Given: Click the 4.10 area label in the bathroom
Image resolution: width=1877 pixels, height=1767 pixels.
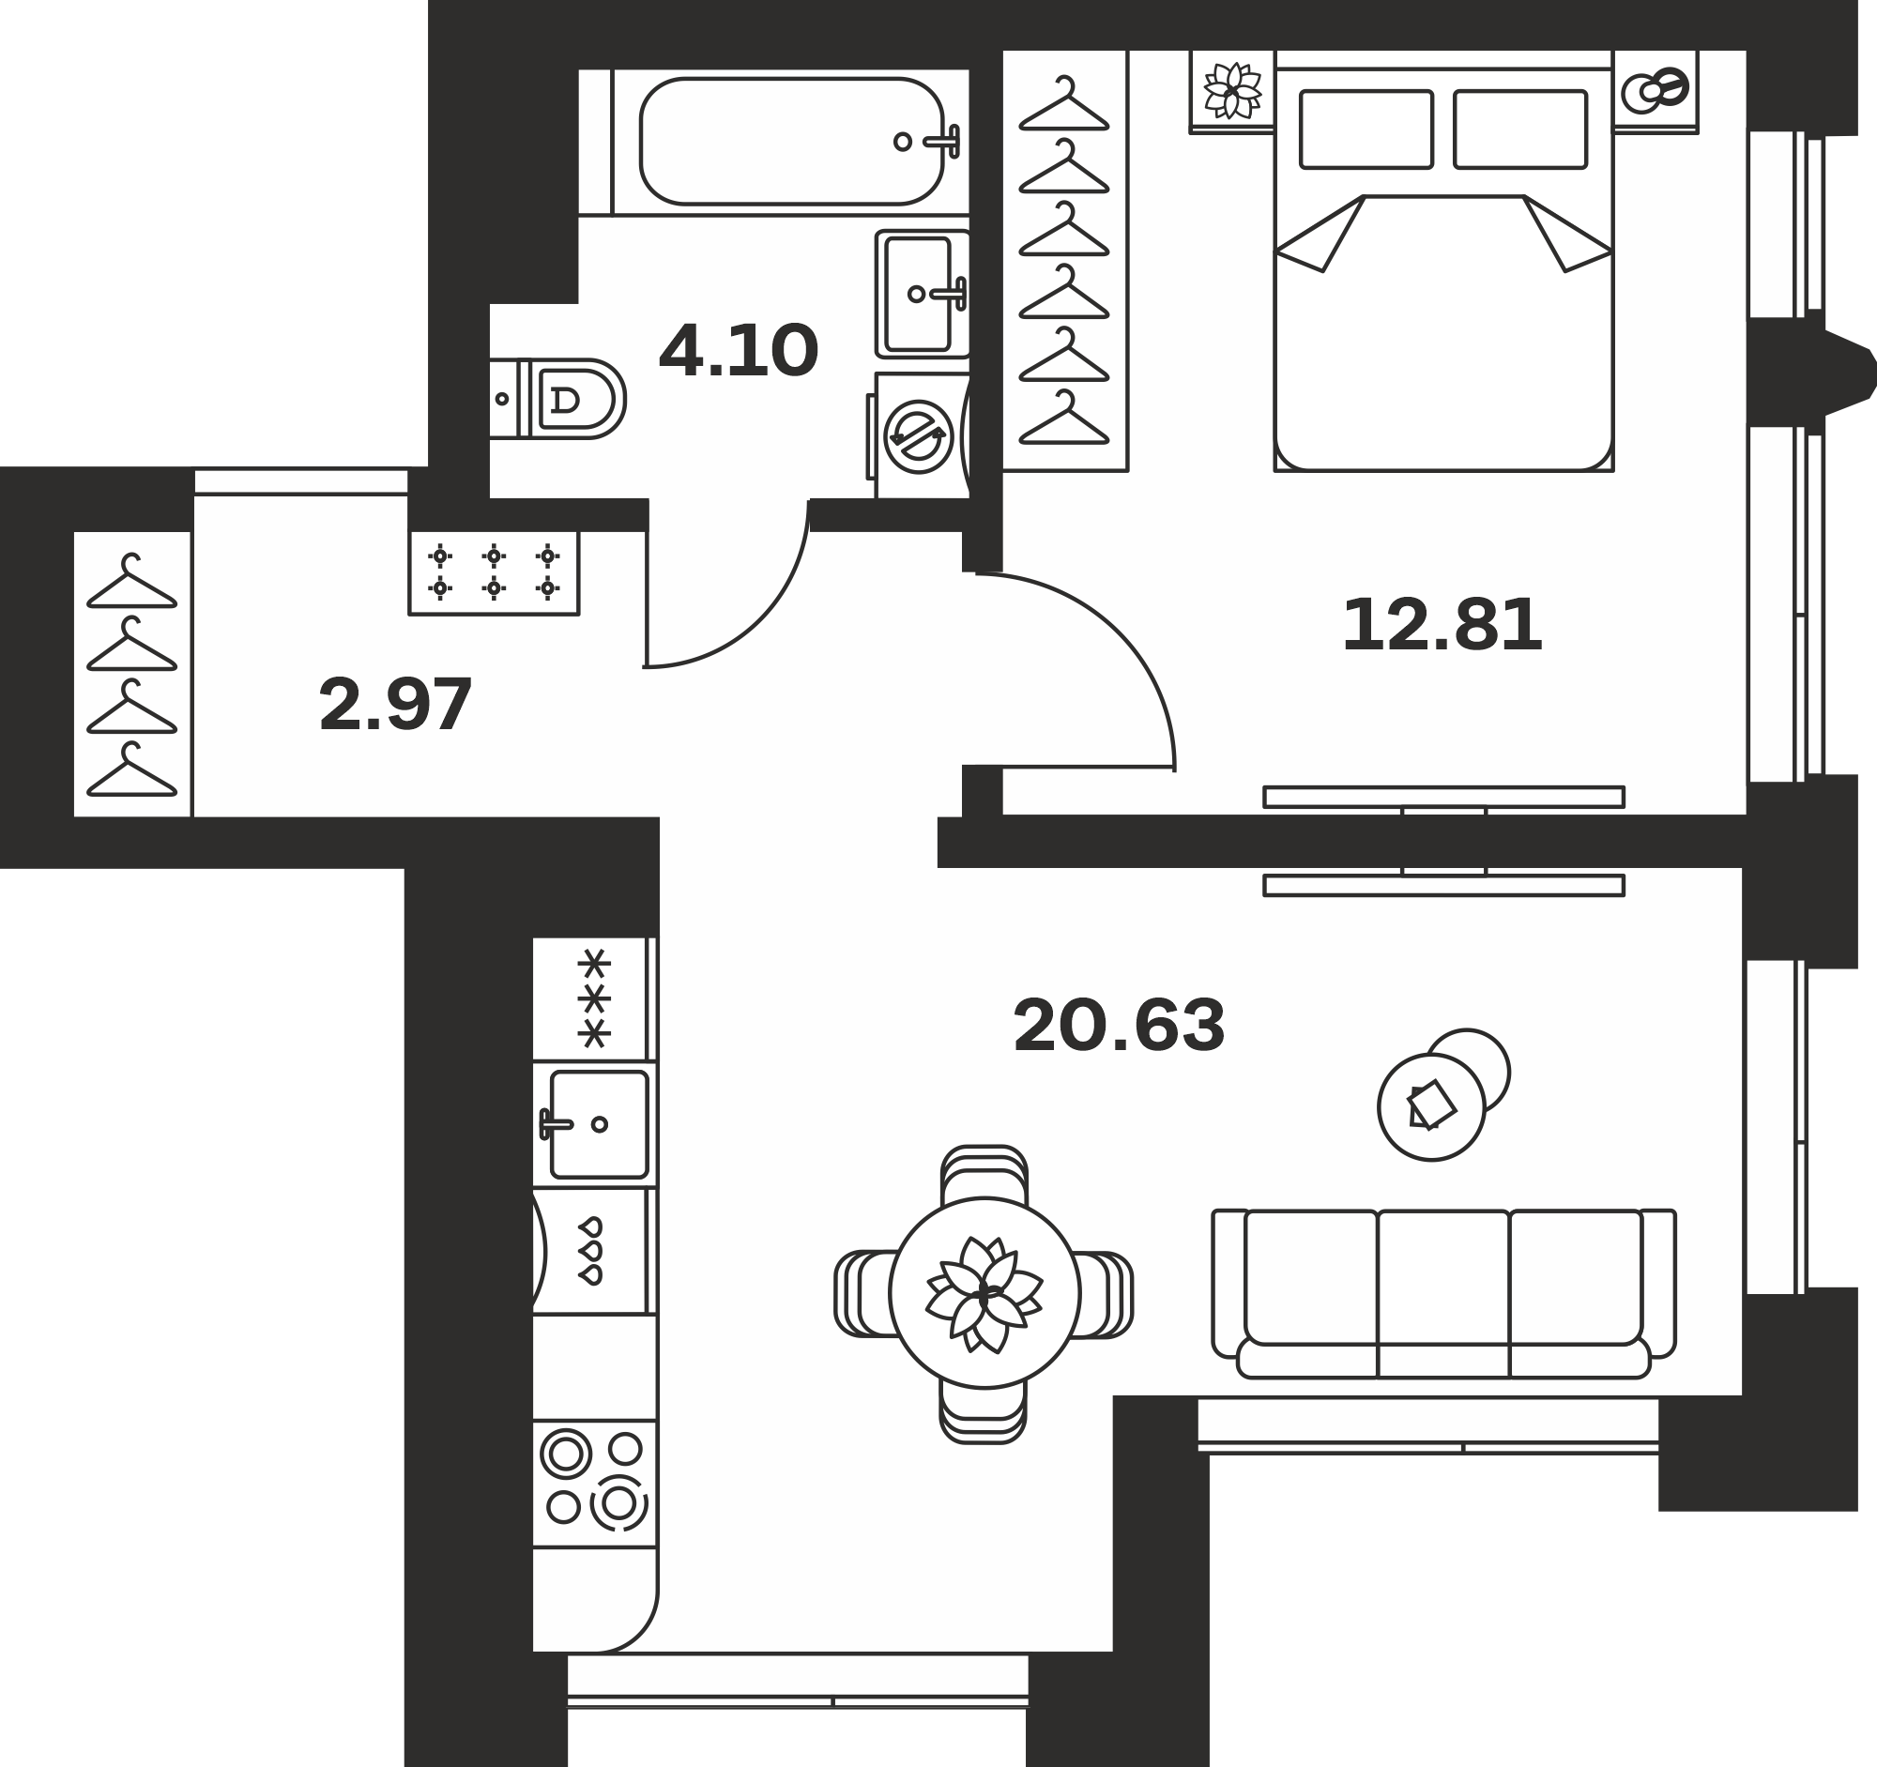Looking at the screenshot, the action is pyautogui.click(x=739, y=351).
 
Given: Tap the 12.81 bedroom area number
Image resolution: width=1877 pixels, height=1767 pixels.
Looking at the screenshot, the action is pyautogui.click(x=1442, y=625).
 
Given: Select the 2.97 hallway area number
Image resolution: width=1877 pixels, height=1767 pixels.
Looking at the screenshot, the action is pyautogui.click(x=396, y=705).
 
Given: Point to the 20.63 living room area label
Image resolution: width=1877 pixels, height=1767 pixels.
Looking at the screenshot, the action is pyautogui.click(x=1119, y=1026).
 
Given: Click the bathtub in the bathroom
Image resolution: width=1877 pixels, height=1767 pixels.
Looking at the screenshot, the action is pyautogui.click(x=791, y=142).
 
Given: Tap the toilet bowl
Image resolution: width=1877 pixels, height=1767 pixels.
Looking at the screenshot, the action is pyautogui.click(x=572, y=398).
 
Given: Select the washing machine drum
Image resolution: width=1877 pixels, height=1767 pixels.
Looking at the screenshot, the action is pyautogui.click(x=918, y=437).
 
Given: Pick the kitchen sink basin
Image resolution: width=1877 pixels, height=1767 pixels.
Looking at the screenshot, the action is pyautogui.click(x=599, y=1124).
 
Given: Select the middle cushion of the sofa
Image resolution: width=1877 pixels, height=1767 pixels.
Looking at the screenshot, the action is pyautogui.click(x=1442, y=1279).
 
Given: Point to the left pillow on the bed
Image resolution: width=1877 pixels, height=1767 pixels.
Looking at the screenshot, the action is pyautogui.click(x=1366, y=129).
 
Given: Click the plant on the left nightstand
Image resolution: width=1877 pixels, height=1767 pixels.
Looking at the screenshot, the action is pyautogui.click(x=1232, y=91).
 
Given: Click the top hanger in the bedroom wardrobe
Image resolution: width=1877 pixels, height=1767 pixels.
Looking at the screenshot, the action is pyautogui.click(x=1064, y=103).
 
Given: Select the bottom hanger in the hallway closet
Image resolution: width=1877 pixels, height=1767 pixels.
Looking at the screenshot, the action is pyautogui.click(x=131, y=769).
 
